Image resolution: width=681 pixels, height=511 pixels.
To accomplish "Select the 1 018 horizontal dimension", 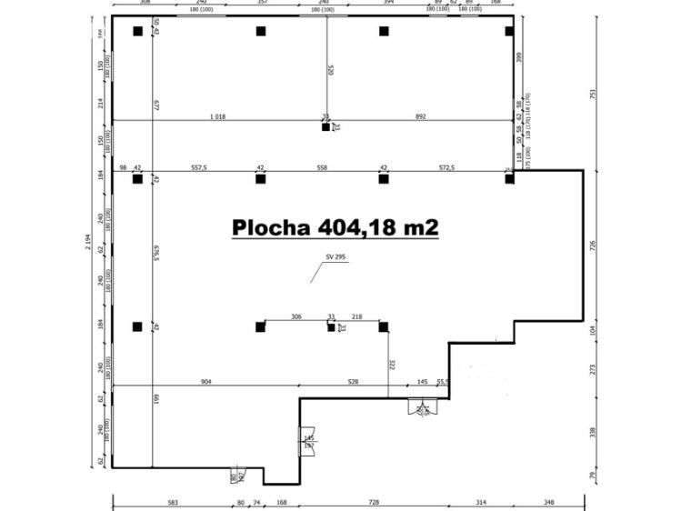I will [217, 116].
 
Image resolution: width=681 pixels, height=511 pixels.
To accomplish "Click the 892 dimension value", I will [420, 116].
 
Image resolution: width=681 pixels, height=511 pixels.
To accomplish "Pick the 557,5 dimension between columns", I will [199, 168].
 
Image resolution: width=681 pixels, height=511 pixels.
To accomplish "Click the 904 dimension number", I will [205, 382].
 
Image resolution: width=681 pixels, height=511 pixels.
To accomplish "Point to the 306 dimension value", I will [296, 316].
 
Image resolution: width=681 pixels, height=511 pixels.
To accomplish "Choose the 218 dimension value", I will [356, 316].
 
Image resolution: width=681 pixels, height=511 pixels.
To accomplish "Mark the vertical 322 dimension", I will [392, 364].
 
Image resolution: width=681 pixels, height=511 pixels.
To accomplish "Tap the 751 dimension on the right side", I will [594, 93].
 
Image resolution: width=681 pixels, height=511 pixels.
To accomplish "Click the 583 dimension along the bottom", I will [173, 502].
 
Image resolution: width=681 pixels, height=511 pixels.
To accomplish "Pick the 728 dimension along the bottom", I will [373, 502].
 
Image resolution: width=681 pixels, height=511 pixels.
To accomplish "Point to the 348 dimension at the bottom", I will [548, 502].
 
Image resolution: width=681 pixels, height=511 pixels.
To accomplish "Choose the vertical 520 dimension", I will [330, 69].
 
